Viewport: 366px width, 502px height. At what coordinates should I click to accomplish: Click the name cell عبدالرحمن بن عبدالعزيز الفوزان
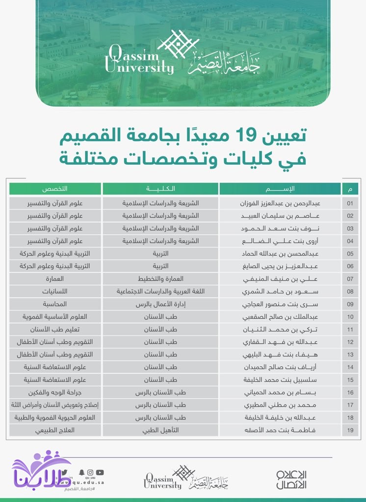[x=280, y=202]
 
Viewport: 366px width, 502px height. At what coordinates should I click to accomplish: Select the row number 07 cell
[x=350, y=278]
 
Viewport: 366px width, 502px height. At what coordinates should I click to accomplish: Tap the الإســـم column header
[x=280, y=189]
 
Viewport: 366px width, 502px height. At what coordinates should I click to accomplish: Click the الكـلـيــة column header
[x=160, y=189]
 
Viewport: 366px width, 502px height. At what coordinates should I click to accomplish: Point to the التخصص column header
[x=55, y=189]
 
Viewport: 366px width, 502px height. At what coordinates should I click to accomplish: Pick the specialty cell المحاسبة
[x=55, y=304]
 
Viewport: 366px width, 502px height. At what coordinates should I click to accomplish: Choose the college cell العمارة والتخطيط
[x=160, y=278]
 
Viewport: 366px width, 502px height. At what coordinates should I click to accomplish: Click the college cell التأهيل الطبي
[x=160, y=431]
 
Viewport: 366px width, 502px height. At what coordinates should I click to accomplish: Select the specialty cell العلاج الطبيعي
[x=55, y=431]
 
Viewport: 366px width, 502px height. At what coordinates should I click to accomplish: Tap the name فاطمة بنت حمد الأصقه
[x=280, y=431]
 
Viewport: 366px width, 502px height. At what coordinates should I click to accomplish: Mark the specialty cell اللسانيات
[x=55, y=291]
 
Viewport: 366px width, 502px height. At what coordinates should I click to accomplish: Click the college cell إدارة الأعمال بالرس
[x=160, y=304]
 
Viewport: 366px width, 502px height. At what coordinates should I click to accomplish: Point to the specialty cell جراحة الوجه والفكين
[x=55, y=393]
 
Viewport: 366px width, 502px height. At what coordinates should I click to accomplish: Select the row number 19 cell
[x=350, y=431]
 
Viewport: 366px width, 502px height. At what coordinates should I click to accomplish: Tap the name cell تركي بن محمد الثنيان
[x=280, y=329]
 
